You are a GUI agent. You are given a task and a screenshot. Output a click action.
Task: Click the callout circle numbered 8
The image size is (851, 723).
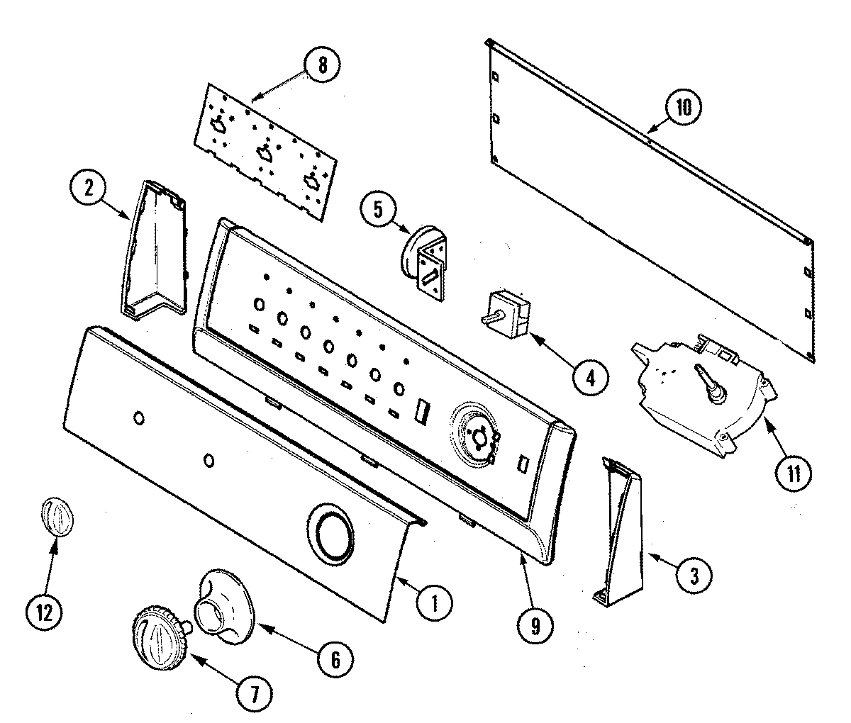point(322,67)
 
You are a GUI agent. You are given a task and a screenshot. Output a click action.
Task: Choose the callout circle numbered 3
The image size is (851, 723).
point(693,576)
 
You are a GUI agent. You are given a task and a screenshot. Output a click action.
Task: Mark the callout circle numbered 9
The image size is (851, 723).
point(535,625)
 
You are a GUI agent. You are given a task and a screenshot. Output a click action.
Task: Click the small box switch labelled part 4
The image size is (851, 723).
point(508,312)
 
